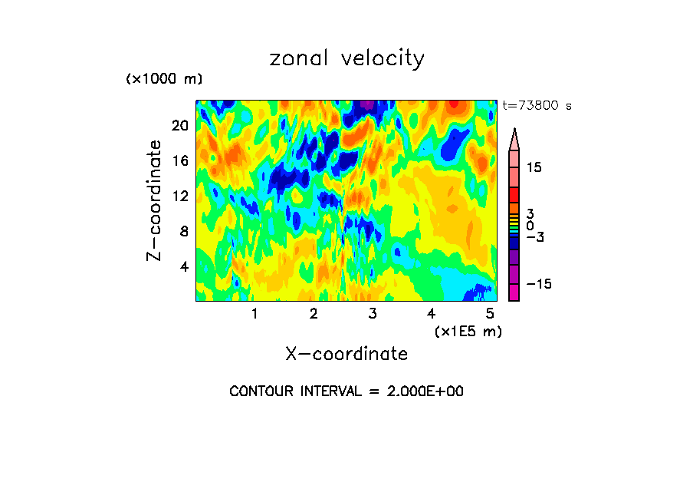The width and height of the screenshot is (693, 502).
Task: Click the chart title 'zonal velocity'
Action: click(x=346, y=58)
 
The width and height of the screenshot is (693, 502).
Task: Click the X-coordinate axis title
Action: click(x=346, y=354)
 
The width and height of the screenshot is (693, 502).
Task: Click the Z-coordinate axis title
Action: click(x=155, y=200)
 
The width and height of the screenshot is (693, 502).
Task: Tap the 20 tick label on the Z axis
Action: click(x=179, y=126)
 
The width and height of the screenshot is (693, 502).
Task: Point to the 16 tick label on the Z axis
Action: click(x=179, y=161)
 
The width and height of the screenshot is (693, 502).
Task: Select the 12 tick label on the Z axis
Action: click(x=179, y=196)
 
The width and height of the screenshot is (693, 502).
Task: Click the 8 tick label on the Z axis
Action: click(x=183, y=231)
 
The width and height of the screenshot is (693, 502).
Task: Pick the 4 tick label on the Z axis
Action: click(x=183, y=266)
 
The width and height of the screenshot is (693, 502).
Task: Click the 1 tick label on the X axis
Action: click(x=255, y=314)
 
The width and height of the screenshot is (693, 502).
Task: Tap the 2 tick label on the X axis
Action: click(x=314, y=314)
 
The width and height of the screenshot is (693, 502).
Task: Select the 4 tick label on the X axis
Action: click(x=431, y=314)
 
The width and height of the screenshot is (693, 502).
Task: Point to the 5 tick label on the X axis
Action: click(x=489, y=314)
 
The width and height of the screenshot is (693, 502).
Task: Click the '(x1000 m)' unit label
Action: click(x=164, y=80)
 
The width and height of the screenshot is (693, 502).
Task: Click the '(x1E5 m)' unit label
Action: click(x=468, y=331)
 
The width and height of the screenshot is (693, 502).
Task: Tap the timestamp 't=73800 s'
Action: click(x=537, y=106)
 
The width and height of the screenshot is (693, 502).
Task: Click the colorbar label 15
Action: click(x=534, y=167)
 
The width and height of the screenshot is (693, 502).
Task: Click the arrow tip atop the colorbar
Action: click(x=514, y=132)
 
